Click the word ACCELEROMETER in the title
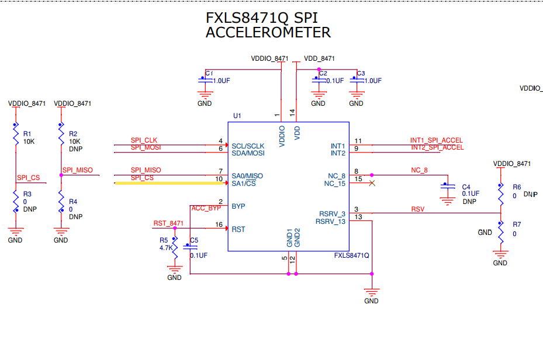click(x=268, y=33)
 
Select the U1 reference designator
click(x=237, y=116)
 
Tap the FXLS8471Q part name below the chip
click(x=351, y=256)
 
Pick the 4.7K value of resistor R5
click(x=165, y=248)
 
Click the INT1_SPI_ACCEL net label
click(x=436, y=140)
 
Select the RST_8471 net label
click(x=168, y=223)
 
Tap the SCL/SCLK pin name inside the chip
click(x=248, y=146)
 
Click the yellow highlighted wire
click(x=167, y=184)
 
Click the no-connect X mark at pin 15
click(x=371, y=184)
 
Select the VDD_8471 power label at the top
click(x=319, y=58)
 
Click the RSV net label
click(x=417, y=209)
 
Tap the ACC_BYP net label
click(x=206, y=208)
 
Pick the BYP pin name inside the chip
click(x=238, y=206)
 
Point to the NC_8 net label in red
click(x=419, y=170)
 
